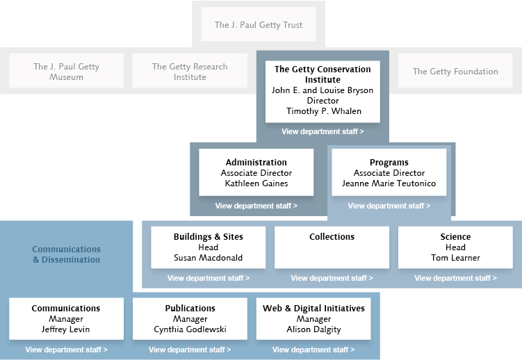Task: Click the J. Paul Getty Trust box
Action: coord(259,24)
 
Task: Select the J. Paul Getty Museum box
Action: coord(66,70)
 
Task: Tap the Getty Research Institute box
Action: coord(190,70)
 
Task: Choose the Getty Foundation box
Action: coord(455,70)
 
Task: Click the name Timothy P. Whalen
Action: coord(324,111)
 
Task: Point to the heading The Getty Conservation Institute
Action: coord(323,74)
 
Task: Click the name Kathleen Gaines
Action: coord(256,183)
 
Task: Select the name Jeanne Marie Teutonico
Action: coord(389,183)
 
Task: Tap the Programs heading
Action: coord(389,163)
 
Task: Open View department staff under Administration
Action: coord(256,206)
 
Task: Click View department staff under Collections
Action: coord(332,278)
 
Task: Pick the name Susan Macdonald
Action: coord(208,258)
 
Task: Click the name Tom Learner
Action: coord(455,258)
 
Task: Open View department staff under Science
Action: coord(455,278)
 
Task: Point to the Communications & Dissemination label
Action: coord(66,254)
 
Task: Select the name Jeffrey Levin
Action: coord(65,329)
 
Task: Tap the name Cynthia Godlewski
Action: coord(190,329)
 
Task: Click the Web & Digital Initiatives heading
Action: coord(313,309)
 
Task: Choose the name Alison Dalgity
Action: coord(313,329)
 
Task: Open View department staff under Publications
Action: coord(190,350)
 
